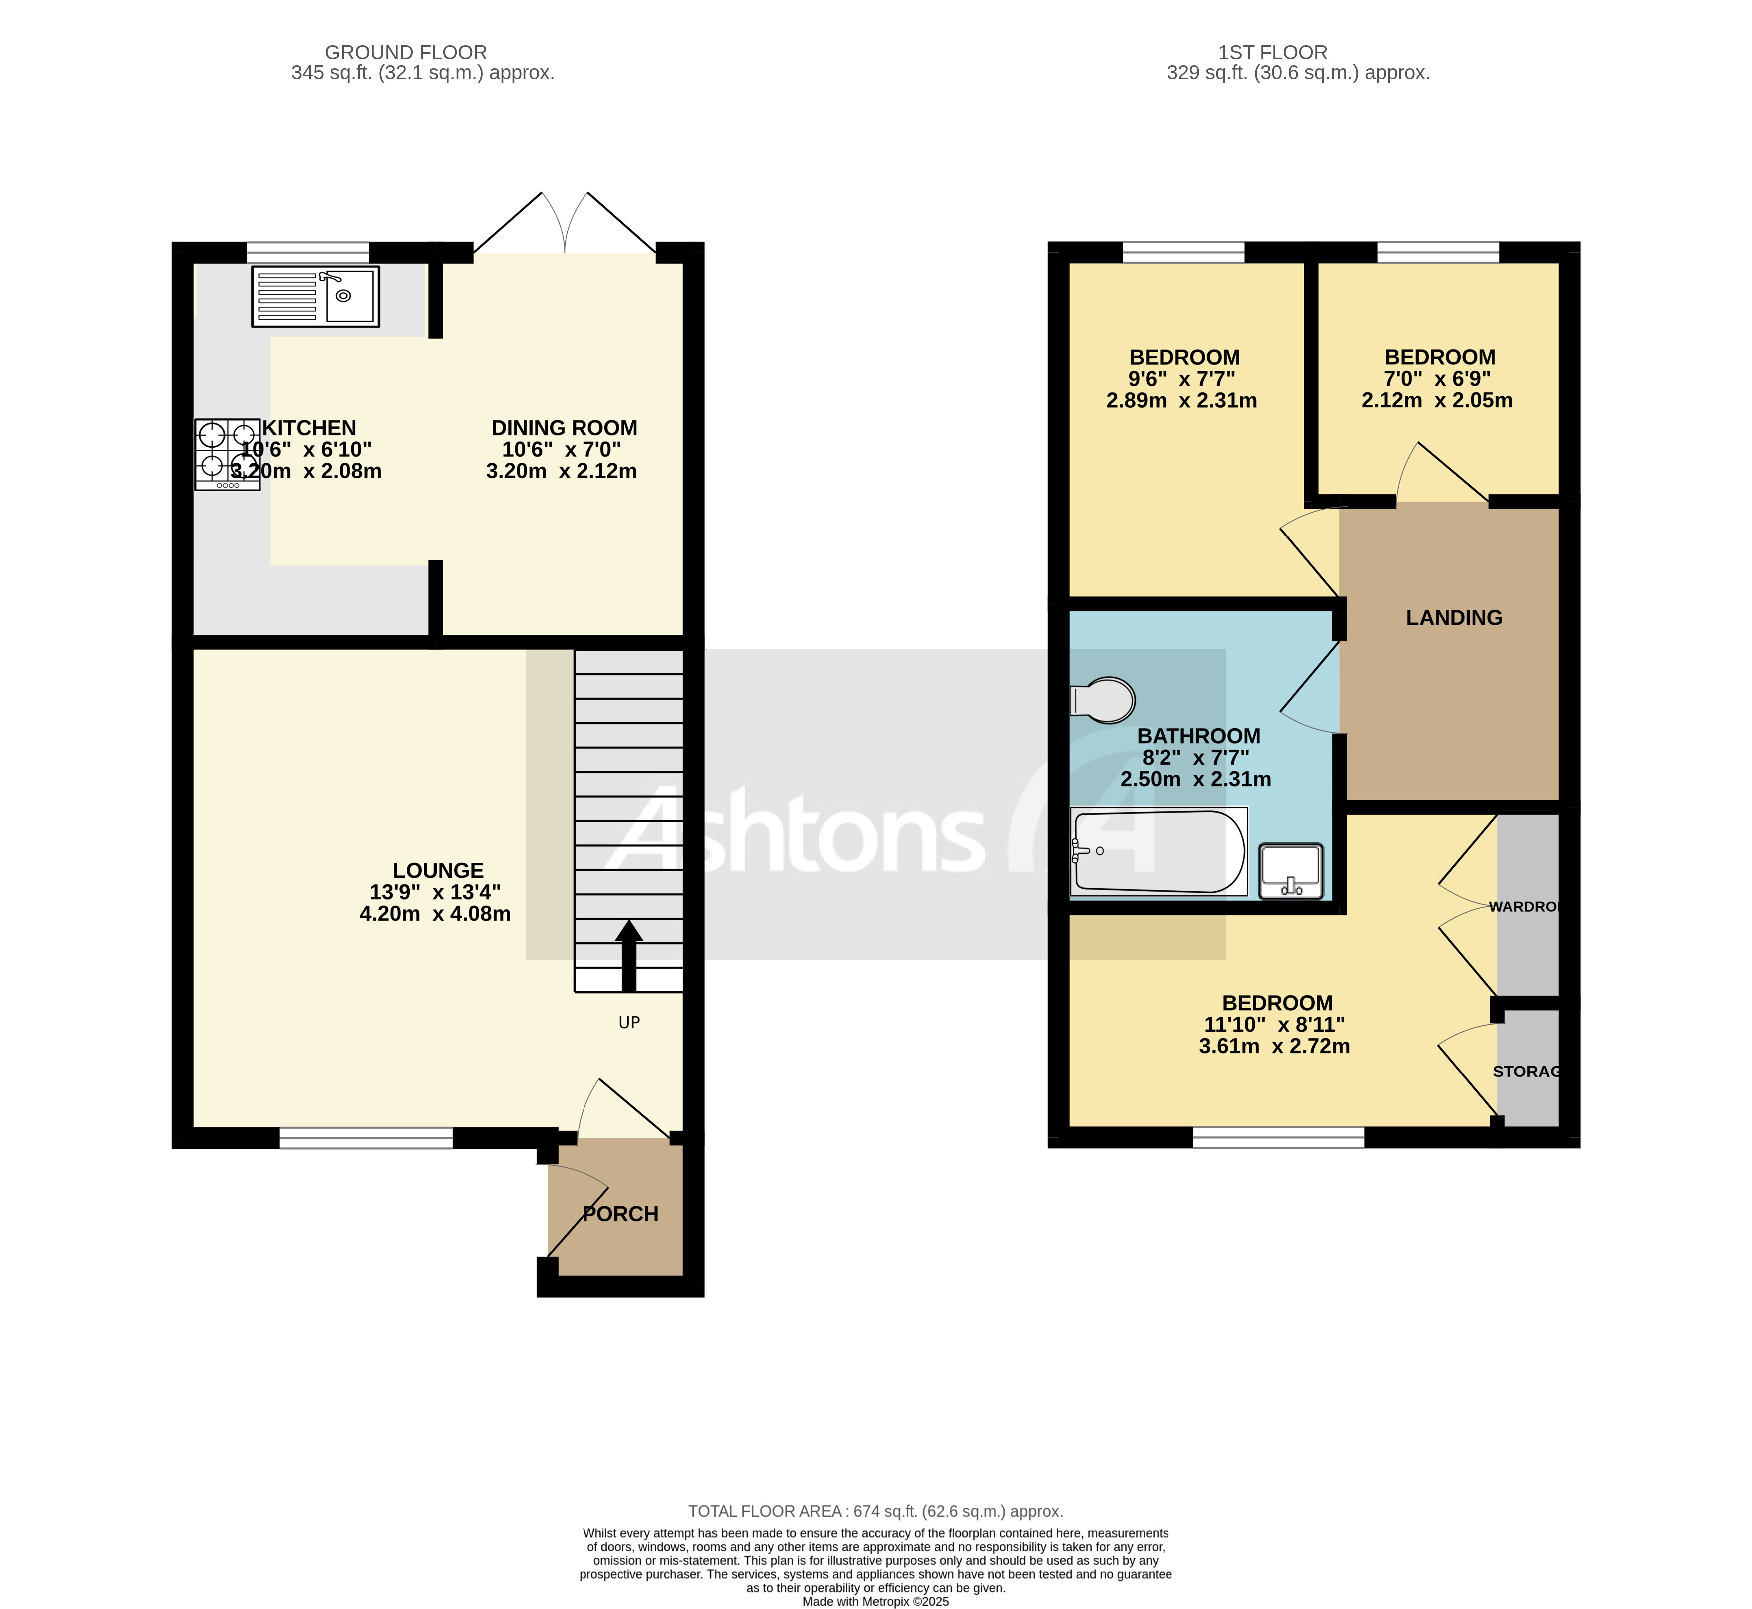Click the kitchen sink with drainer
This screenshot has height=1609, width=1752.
point(315,296)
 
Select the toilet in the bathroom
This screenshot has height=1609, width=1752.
point(1103,700)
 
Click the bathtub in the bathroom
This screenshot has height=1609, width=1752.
point(1158,852)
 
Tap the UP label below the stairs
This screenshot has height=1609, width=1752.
point(628,1022)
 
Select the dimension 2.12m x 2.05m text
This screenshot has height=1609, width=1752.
point(1437,401)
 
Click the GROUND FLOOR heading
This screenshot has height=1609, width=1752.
point(405,52)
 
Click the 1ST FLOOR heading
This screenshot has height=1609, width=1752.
point(1272,52)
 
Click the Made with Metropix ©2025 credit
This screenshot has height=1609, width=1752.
point(875,1601)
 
